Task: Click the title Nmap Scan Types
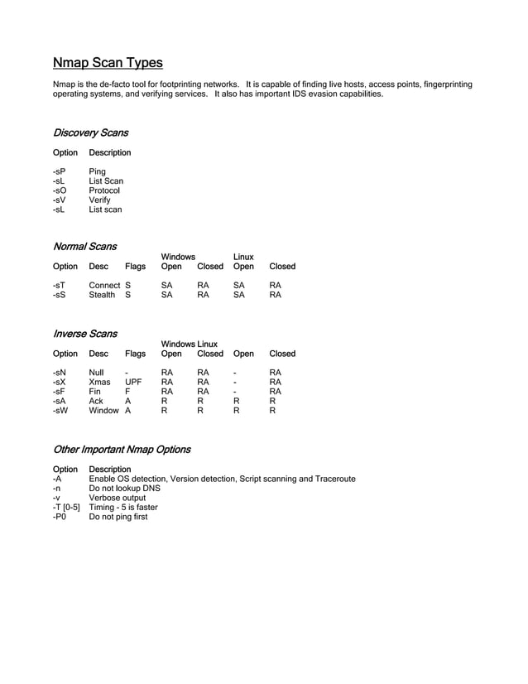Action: [x=108, y=63]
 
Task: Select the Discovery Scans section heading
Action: [x=90, y=132]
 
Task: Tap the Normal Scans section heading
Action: [x=84, y=246]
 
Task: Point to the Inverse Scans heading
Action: [x=84, y=334]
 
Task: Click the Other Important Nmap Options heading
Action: [x=122, y=450]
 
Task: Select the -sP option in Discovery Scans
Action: [x=59, y=171]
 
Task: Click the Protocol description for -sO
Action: [x=104, y=190]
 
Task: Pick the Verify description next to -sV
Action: [x=99, y=200]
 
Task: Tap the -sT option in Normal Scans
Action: [x=59, y=285]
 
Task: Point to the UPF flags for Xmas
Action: [x=133, y=383]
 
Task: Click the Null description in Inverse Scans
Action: [x=97, y=373]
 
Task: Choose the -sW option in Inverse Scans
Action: [x=60, y=410]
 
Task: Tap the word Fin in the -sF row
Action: [x=95, y=392]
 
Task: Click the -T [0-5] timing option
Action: [x=66, y=508]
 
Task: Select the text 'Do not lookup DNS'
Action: [x=124, y=489]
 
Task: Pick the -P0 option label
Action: [x=59, y=517]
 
